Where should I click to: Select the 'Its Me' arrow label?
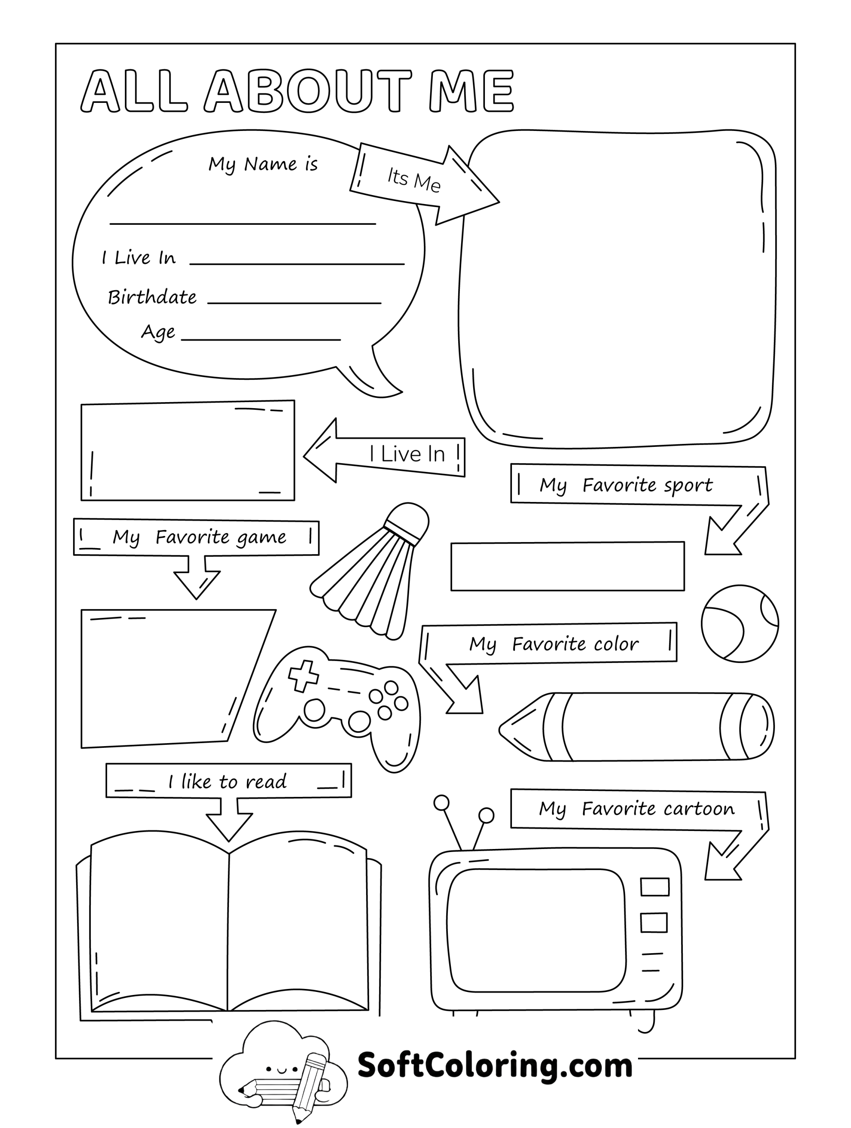413,180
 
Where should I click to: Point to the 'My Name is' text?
263,164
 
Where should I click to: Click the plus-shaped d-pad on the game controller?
303,676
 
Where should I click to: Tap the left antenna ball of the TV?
441,803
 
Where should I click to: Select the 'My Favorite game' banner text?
199,537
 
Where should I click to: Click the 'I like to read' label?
228,782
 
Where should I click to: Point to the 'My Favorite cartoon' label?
637,809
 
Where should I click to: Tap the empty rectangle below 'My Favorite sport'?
567,567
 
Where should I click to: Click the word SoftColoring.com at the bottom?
495,1065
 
